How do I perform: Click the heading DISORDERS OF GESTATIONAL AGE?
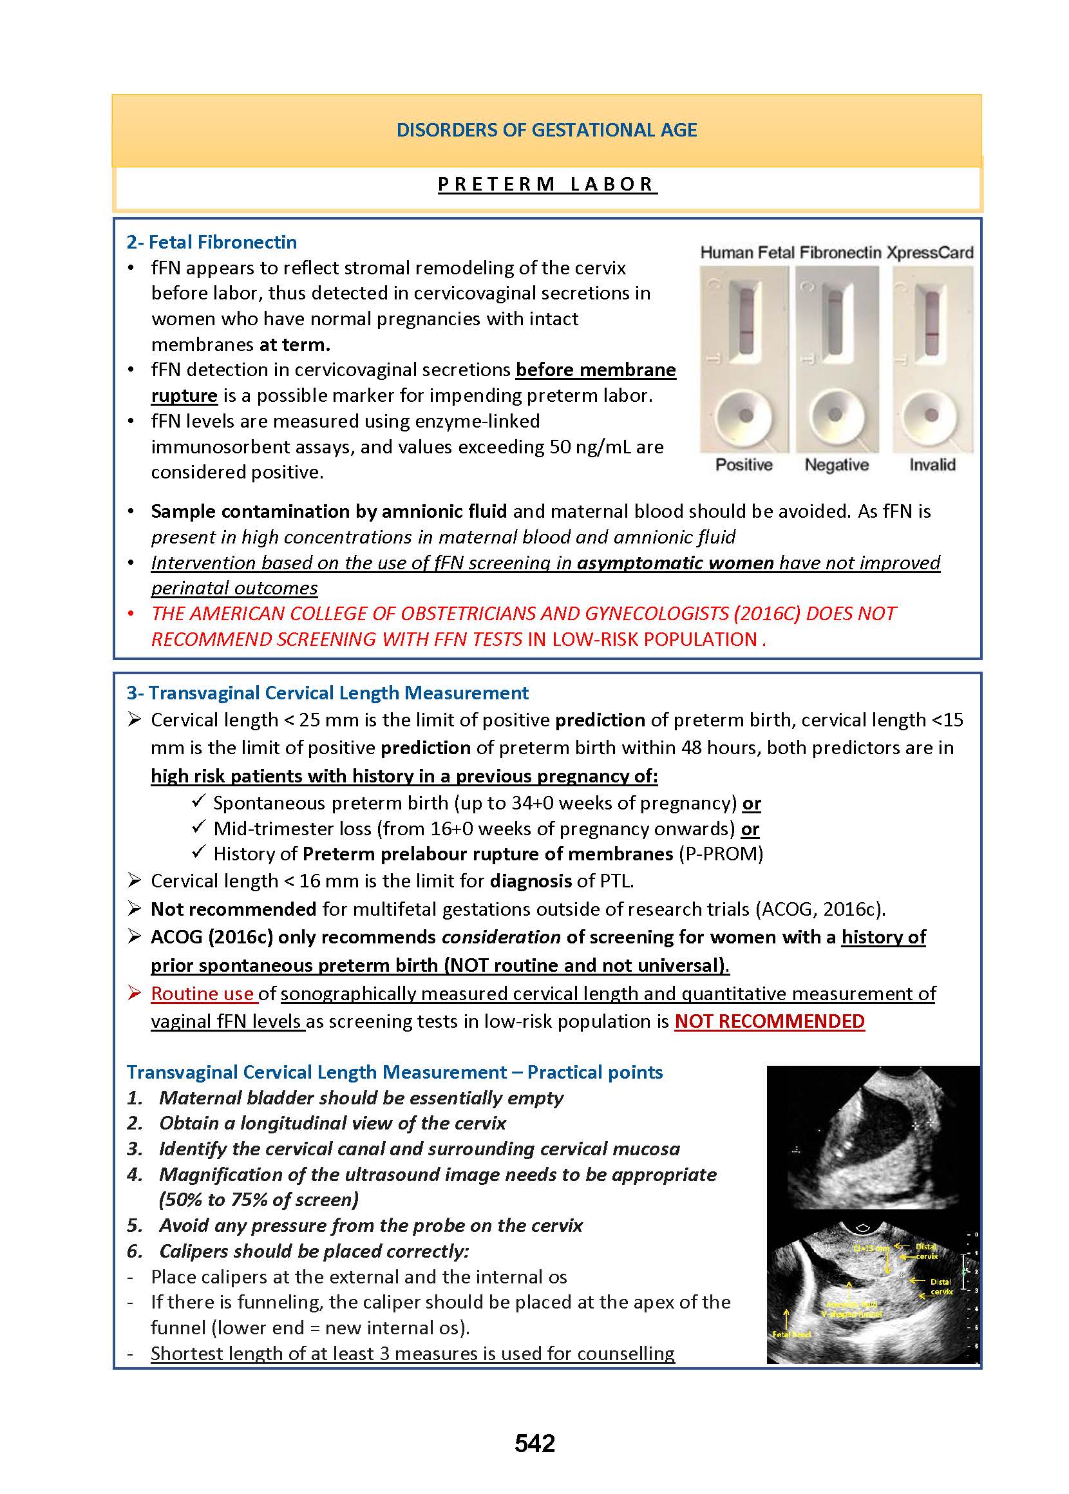[x=546, y=129]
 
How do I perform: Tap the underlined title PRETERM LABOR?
[x=547, y=184]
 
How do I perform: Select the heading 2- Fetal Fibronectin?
[x=211, y=242]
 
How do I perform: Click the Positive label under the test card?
[x=744, y=465]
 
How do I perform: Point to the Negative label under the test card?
[x=837, y=465]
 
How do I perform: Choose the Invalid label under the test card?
[x=932, y=465]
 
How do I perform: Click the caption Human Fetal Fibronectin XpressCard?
[x=836, y=252]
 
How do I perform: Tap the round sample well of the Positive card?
[x=745, y=416]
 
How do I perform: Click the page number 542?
[x=534, y=1443]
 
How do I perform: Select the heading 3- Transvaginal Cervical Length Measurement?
[x=327, y=693]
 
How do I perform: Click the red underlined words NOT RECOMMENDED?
[x=770, y=1021]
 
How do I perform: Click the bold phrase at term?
[x=294, y=345]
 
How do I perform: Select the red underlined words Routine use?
[x=202, y=994]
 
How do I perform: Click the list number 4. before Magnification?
[x=135, y=1175]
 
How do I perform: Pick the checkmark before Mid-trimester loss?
[x=198, y=827]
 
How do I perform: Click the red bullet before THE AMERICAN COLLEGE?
[x=131, y=614]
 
